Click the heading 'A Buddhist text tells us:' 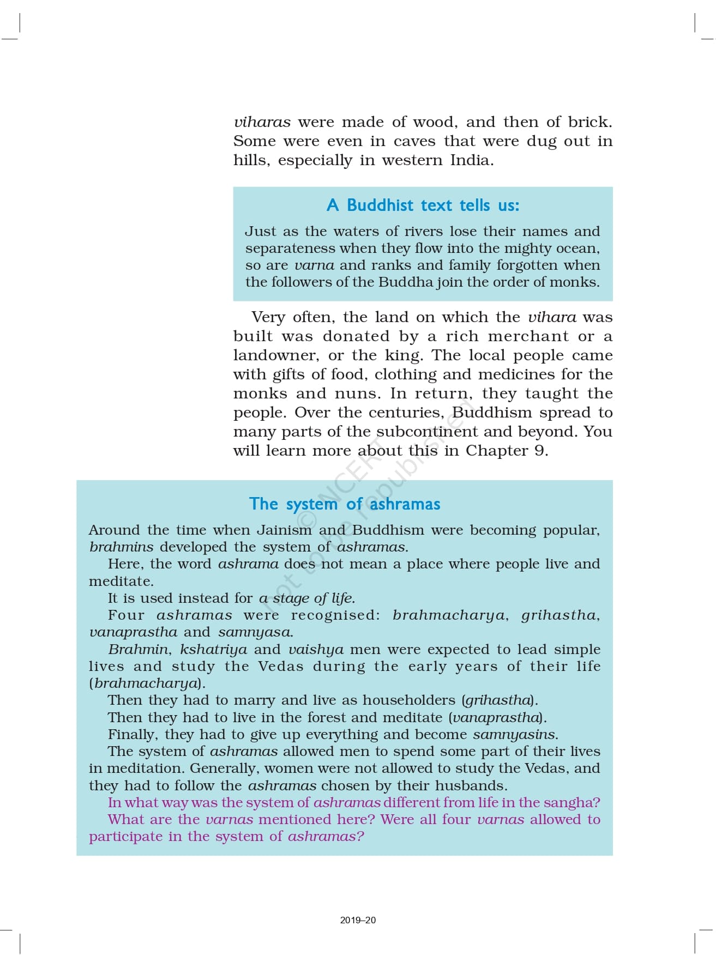point(423,205)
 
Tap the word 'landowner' point(275,355)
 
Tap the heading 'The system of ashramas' point(345,504)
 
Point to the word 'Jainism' point(284,530)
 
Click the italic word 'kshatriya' point(213,650)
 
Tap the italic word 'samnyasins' point(514,735)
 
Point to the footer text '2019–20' point(358,920)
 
